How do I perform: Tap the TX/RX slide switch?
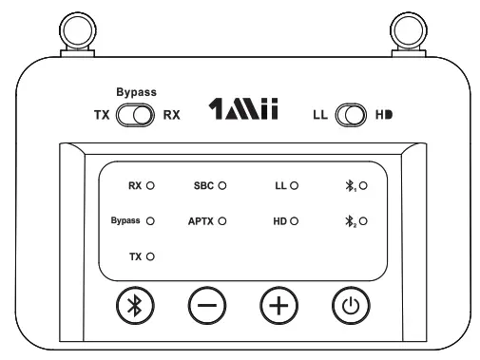click(134, 116)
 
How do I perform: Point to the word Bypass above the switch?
click(134, 93)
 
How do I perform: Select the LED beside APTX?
click(221, 220)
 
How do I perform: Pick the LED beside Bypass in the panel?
click(150, 220)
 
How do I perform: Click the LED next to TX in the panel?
click(150, 256)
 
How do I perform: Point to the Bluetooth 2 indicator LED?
click(363, 220)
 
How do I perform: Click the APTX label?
click(201, 220)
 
